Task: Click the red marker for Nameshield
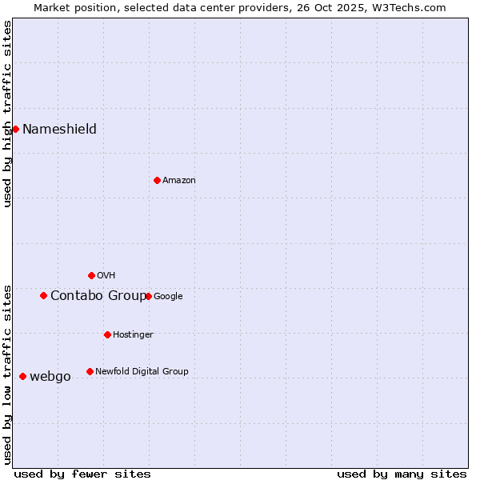click(x=15, y=129)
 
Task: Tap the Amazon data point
click(x=157, y=180)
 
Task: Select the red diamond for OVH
click(x=91, y=275)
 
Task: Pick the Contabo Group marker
click(x=43, y=295)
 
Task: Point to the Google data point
click(x=148, y=296)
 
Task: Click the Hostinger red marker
click(x=107, y=334)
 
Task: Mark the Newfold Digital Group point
click(x=90, y=371)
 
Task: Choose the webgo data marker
click(x=22, y=376)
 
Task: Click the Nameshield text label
click(x=59, y=130)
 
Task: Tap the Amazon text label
click(x=179, y=181)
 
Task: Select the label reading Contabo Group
click(x=98, y=296)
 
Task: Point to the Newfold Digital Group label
click(x=142, y=371)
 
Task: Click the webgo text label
click(x=50, y=377)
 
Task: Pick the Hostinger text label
click(x=133, y=334)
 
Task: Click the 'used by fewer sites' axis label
click(x=82, y=474)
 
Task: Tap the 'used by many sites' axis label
click(x=402, y=474)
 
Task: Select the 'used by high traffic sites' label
click(x=7, y=114)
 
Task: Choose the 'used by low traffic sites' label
click(x=7, y=374)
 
